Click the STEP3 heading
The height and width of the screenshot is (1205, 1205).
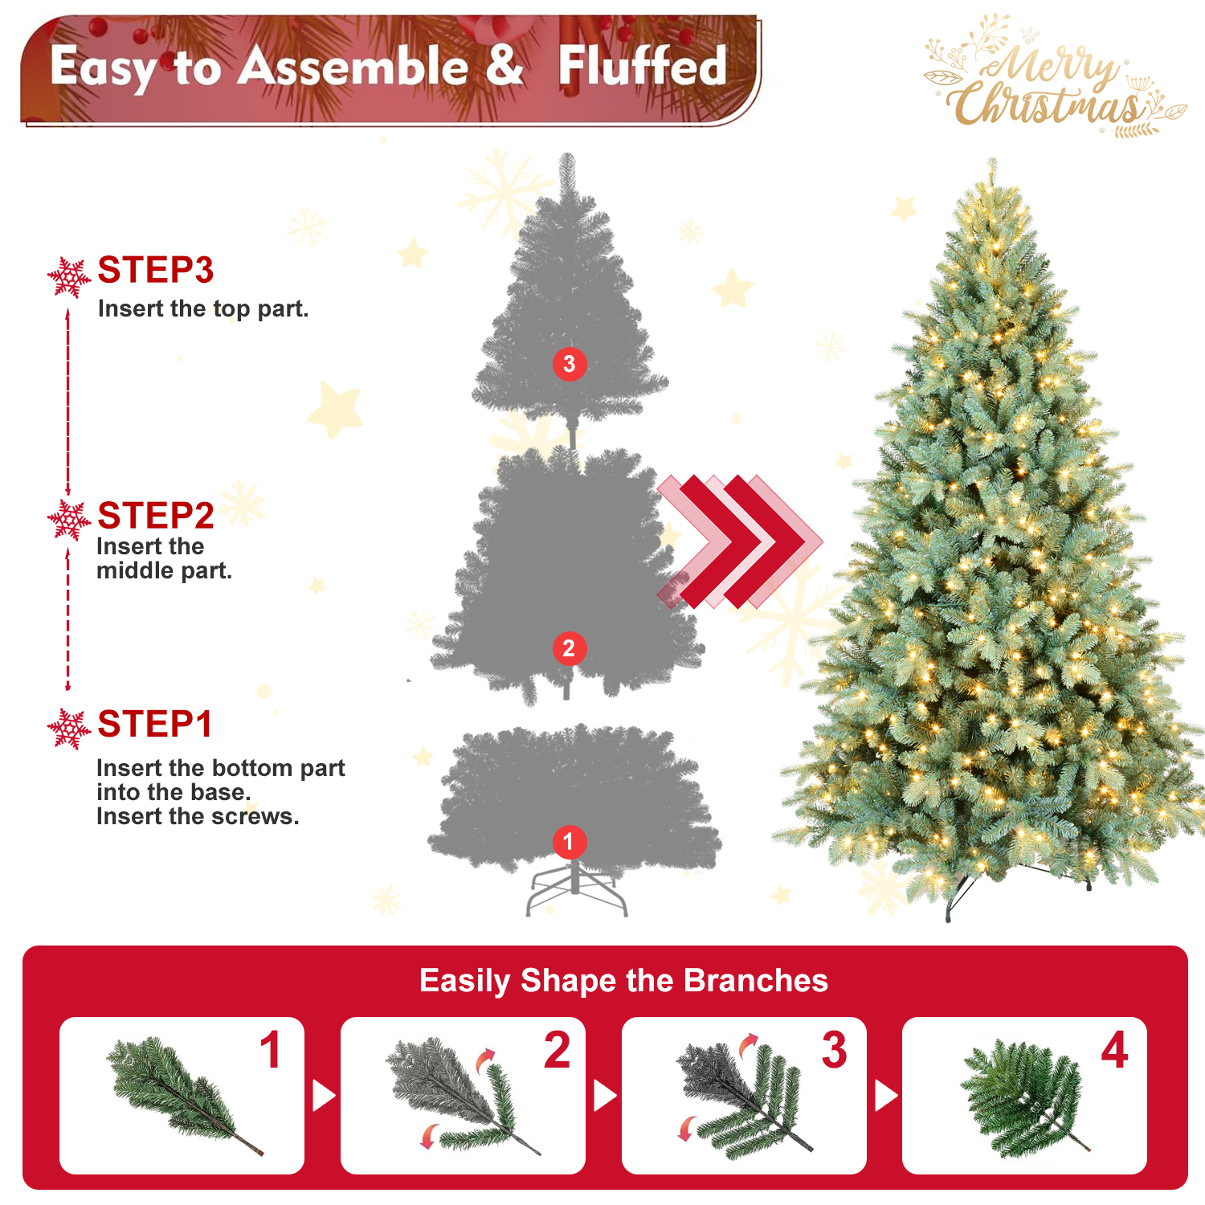pos(156,270)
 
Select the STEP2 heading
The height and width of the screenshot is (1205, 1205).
pos(156,516)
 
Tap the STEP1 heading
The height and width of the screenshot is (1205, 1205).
pos(155,724)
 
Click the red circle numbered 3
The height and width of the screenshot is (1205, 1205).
pos(570,364)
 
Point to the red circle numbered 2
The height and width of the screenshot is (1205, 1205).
pos(569,648)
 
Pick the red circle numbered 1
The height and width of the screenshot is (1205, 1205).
pos(569,842)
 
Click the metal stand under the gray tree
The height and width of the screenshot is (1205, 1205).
pos(576,888)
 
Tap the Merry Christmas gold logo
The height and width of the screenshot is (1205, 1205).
pos(1055,77)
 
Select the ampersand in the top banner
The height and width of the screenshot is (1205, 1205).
pos(504,64)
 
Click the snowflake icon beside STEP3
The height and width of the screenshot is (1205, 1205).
pos(69,277)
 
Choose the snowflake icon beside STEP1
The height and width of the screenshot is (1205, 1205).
pos(69,729)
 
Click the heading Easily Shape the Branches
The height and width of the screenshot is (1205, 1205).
pos(623,981)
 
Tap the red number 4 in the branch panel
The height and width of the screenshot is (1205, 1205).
pos(1114,1050)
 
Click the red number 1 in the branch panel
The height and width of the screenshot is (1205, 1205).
pos(272,1050)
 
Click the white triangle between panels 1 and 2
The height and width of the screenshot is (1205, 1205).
pos(324,1096)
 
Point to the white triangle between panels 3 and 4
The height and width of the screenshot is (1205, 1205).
pos(886,1096)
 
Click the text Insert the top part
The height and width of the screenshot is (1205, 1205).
pos(203,309)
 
